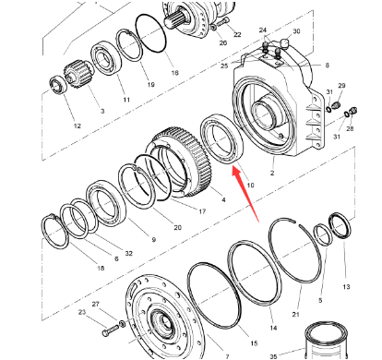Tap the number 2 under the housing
pyautogui.click(x=271, y=173)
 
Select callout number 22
pyautogui.click(x=237, y=35)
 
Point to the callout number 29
pyautogui.click(x=340, y=86)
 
